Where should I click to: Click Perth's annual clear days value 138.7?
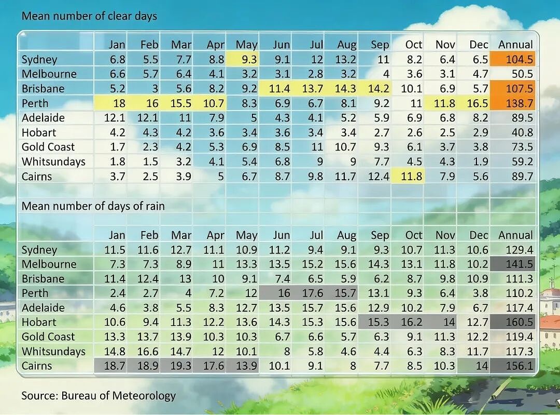coord(520,103)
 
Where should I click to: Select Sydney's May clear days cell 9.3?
coord(249,59)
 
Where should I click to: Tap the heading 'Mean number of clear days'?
coord(89,16)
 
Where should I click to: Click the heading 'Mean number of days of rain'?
coord(93,206)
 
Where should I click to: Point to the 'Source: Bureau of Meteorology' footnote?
coord(99,396)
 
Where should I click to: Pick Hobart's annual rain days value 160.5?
coord(520,322)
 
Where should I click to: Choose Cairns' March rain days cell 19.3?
coord(181,366)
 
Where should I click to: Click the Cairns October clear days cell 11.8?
coord(411,177)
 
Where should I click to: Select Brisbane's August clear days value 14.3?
coord(345,89)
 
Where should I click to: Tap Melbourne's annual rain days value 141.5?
coord(520,264)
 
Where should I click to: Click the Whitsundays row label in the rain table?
coord(53,351)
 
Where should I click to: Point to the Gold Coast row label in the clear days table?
coord(48,147)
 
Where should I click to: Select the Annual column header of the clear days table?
coord(516,44)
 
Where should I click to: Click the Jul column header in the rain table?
coord(316,235)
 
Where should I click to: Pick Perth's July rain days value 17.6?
coord(313,293)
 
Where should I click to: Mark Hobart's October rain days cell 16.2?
coord(411,322)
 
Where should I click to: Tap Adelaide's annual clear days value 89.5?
coord(523,118)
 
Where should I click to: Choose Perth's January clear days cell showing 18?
coord(119,103)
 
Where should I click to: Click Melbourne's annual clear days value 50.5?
coord(523,74)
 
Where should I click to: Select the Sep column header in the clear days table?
coord(380,45)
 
